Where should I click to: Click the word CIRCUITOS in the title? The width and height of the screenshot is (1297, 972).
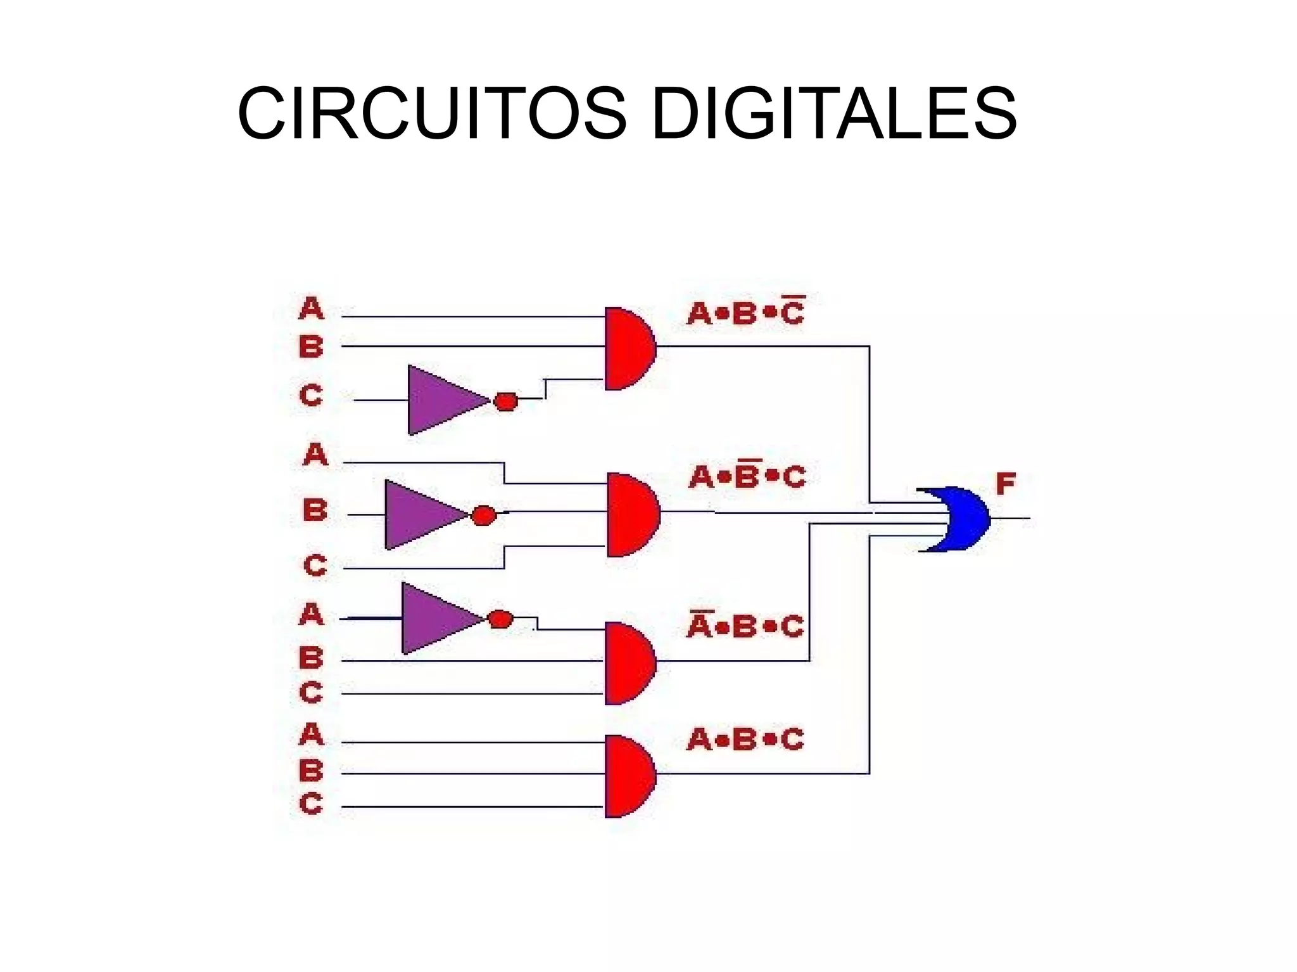433,115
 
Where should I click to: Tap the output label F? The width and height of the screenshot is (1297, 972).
1006,484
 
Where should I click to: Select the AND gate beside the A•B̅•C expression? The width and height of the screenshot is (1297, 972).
631,515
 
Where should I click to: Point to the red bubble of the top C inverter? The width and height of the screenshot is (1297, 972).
505,401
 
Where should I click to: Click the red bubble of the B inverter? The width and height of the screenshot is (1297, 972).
484,515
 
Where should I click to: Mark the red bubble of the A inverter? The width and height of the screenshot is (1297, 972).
500,619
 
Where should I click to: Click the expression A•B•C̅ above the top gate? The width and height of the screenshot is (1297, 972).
745,312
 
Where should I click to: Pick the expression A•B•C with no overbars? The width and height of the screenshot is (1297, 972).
745,740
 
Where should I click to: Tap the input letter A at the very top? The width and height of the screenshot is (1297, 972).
311,309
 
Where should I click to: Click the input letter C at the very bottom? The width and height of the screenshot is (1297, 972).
311,804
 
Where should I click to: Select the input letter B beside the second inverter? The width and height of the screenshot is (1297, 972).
315,510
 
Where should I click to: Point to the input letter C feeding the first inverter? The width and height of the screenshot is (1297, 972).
311,396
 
